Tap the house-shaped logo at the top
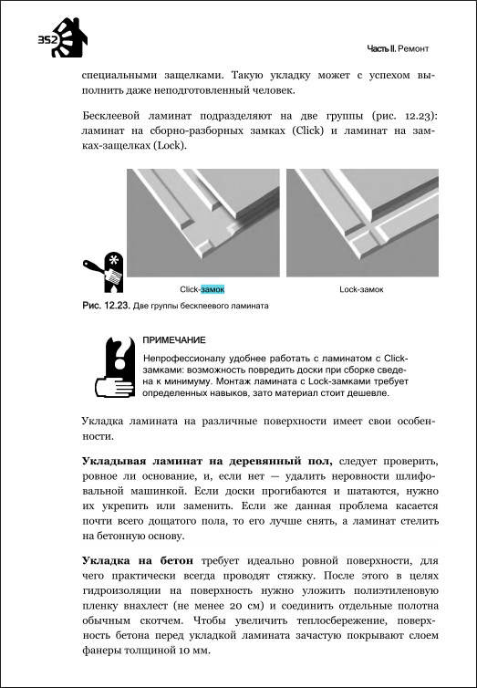point(68,37)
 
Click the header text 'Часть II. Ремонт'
point(398,49)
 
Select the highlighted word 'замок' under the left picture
point(213,289)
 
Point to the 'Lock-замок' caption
point(362,289)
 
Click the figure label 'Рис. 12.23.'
point(106,306)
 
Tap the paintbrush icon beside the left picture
point(103,272)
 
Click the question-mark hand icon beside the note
point(115,367)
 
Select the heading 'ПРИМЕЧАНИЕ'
point(174,340)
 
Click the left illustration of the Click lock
point(203,223)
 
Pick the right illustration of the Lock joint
point(362,223)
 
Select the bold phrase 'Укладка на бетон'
point(137,561)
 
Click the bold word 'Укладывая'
point(114,462)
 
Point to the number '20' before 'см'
point(234,607)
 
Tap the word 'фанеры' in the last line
point(100,652)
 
